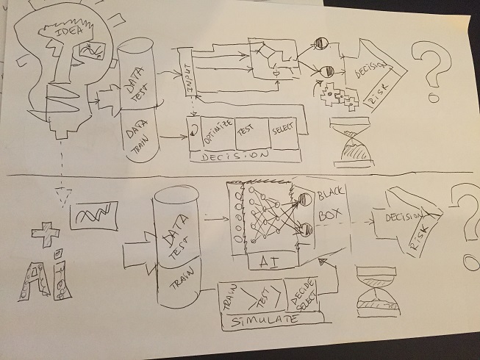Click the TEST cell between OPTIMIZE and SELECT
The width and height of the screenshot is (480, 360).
pos(248,129)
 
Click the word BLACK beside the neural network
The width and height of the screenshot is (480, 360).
pos(330,195)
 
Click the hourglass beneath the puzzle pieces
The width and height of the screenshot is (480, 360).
pos(351,140)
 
